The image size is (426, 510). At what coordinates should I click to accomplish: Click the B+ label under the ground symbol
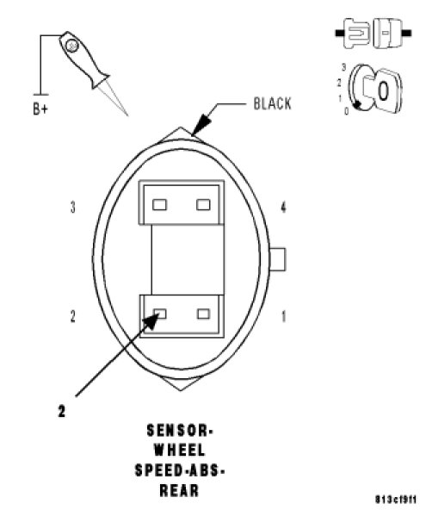tap(40, 109)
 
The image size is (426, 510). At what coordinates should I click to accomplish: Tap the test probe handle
tap(82, 59)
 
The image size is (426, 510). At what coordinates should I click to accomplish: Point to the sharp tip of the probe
tap(127, 115)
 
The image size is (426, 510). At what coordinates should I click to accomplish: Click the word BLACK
tap(272, 103)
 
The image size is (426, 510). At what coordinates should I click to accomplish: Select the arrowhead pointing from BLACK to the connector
tap(201, 124)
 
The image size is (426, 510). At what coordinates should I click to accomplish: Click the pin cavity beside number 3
tap(159, 204)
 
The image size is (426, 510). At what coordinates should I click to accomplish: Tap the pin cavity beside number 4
tap(203, 204)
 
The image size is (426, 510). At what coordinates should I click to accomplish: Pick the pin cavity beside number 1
tap(204, 314)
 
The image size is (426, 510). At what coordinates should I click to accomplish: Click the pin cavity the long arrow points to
tap(160, 314)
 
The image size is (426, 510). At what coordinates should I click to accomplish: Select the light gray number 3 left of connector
tap(73, 207)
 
